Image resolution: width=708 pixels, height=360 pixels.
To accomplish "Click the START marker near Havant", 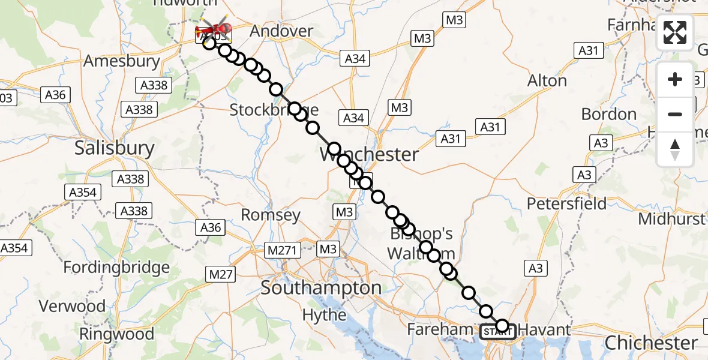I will [x=496, y=331].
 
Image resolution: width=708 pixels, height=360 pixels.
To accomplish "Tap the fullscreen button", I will [x=675, y=32].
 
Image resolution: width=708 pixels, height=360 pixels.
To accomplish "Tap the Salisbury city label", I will [x=115, y=148].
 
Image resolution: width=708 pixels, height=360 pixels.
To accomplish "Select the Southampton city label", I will [x=321, y=288].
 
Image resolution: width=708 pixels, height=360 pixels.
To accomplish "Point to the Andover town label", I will [x=281, y=31].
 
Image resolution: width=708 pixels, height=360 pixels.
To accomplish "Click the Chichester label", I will [x=651, y=343].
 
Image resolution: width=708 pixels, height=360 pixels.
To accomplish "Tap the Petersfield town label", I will [x=566, y=204].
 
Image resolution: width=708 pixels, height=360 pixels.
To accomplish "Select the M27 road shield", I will [x=221, y=274].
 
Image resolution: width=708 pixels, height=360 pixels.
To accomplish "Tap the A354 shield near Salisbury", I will [x=83, y=193].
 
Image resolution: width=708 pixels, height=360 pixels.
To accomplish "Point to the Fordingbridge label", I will [x=115, y=267].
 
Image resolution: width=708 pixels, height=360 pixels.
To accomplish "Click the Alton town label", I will [x=547, y=81].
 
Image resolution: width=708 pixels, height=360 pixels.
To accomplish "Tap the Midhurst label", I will [x=671, y=219].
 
